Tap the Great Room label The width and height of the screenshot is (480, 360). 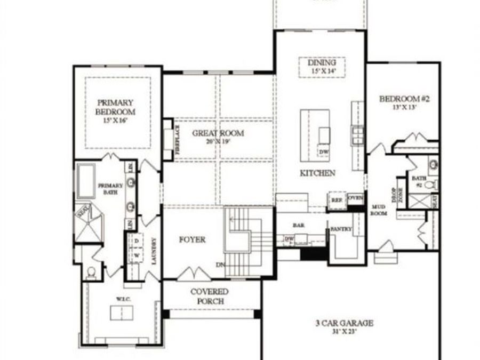pyautogui.click(x=218, y=137)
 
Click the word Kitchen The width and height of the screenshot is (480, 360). pyautogui.click(x=317, y=173)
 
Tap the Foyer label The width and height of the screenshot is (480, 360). pyautogui.click(x=192, y=240)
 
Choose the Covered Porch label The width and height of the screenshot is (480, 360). pyautogui.click(x=210, y=297)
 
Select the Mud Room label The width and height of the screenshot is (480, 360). pyautogui.click(x=379, y=210)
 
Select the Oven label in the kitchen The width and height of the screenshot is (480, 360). pyautogui.click(x=355, y=198)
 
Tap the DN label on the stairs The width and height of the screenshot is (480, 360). pyautogui.click(x=220, y=265)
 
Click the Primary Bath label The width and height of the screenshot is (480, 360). pyautogui.click(x=110, y=188)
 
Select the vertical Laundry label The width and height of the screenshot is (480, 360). pyautogui.click(x=154, y=251)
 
